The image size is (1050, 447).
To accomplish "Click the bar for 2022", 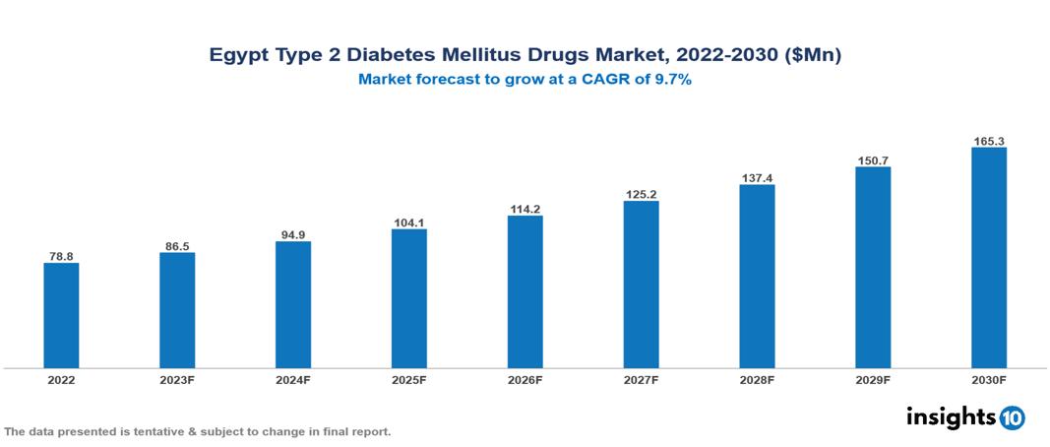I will (61, 315).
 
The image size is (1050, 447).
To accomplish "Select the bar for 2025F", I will (408, 298).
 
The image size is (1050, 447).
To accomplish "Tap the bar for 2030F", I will (988, 258).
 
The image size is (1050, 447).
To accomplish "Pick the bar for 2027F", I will (641, 285).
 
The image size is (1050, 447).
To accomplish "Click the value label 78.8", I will (61, 256).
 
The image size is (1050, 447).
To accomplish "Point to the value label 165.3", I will (988, 142).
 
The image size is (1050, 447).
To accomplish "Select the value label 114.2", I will (525, 209).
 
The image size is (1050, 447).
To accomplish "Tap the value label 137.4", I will (757, 178).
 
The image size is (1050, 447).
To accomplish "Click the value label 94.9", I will (293, 234).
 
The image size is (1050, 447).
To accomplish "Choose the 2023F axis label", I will (177, 380).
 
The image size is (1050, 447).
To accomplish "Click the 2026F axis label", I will (525, 380).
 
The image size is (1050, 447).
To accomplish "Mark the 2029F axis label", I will (873, 380).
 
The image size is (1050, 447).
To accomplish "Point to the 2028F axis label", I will (757, 380).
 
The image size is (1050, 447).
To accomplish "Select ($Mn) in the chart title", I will (813, 56).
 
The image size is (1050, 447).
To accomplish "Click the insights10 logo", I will (964, 417).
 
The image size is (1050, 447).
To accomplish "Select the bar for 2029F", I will (873, 267).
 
